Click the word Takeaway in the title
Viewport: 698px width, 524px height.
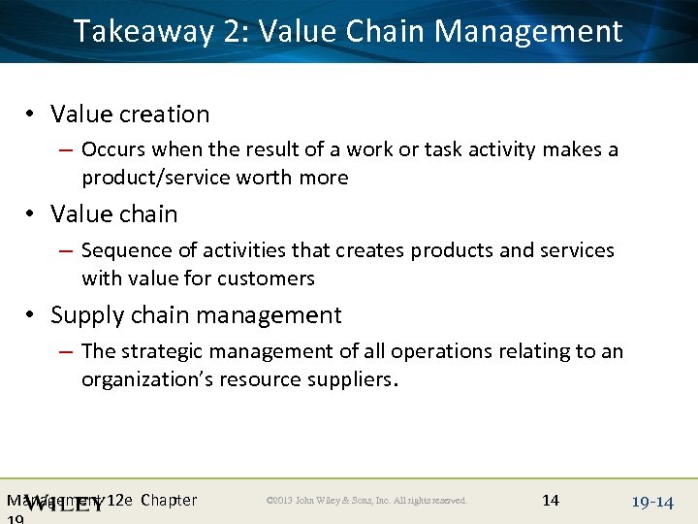143,32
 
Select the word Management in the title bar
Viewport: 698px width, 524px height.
528,32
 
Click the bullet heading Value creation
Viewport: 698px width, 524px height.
130,115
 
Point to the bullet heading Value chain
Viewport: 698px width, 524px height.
114,214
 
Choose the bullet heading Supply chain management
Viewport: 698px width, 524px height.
196,315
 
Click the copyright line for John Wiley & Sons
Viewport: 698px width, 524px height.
366,501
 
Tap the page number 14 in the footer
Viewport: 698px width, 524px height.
551,500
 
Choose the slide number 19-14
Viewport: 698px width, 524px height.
651,502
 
